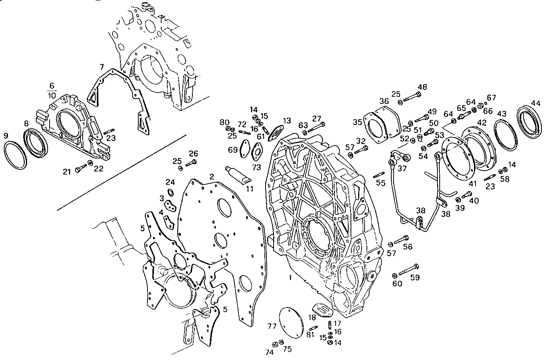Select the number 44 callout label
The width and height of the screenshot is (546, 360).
pyautogui.click(x=535, y=103)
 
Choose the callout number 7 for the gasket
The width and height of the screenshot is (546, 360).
pyautogui.click(x=101, y=67)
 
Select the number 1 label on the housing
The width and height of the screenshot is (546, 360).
pyautogui.click(x=290, y=278)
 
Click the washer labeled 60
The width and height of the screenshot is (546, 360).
pyautogui.click(x=395, y=275)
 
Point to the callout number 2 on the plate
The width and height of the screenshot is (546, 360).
pyautogui.click(x=211, y=176)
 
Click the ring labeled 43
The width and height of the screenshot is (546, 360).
pyautogui.click(x=506, y=136)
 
